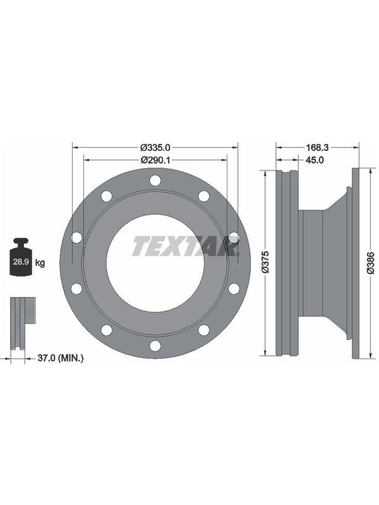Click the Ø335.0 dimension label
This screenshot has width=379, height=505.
(x=155, y=148)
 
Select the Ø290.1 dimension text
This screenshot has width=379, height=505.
(x=155, y=160)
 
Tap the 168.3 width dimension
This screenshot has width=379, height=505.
(x=317, y=148)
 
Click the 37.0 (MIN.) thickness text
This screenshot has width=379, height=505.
(x=61, y=357)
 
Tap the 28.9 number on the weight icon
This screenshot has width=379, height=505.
(x=21, y=261)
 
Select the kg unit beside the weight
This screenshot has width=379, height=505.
(x=40, y=263)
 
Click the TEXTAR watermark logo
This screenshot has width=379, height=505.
(x=185, y=246)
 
